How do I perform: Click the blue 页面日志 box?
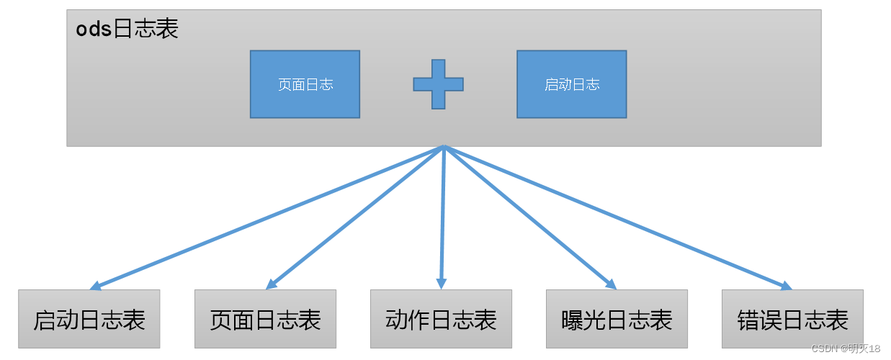tap(305, 84)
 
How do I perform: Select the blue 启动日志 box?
tap(571, 84)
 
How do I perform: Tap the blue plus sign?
tap(438, 84)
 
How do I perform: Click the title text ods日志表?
tap(127, 29)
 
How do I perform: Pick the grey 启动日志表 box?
tap(89, 319)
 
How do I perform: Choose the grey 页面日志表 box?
tap(265, 319)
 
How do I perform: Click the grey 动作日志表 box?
tap(441, 319)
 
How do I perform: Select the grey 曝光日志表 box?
tap(617, 319)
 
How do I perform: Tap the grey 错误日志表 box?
tap(792, 319)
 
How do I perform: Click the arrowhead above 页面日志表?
tap(271, 284)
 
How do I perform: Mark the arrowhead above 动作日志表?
tap(441, 284)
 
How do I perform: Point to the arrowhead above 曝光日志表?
tap(612, 284)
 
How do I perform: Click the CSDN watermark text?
tap(846, 348)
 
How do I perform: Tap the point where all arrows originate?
tap(444, 147)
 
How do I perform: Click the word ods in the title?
tap(94, 30)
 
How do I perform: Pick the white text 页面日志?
tap(305, 84)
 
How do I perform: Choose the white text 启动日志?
tap(572, 84)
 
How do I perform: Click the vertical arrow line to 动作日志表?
tap(442, 216)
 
